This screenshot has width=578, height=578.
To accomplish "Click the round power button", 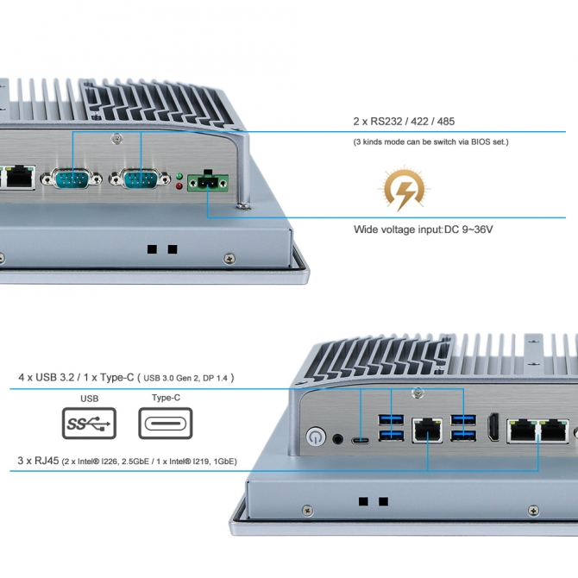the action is coord(316,437).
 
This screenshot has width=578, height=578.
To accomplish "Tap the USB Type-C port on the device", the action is coord(360,441).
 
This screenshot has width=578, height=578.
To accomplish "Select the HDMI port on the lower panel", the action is coord(493,427).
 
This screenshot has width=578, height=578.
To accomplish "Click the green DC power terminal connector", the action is coord(208,182).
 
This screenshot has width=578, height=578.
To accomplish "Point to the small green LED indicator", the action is coord(179,176).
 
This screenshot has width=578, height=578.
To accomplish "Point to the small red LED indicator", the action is coord(179,185).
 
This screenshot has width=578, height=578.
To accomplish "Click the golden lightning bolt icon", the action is coord(405,189).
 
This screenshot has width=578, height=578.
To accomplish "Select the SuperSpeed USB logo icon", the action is coord(89,424).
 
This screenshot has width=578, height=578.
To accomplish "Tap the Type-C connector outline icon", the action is coord(166,424).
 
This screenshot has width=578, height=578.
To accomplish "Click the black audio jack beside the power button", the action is coord(337,438).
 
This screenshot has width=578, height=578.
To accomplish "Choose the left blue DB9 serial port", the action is coord(71,179).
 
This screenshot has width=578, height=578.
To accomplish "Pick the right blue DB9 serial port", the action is coord(140,179).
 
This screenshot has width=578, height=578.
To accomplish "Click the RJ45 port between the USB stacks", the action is coord(427,430).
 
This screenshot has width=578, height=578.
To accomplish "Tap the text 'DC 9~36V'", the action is coord(468,229).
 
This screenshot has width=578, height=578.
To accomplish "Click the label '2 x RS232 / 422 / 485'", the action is coord(404,122).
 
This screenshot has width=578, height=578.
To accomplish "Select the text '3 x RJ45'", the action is coord(38,461).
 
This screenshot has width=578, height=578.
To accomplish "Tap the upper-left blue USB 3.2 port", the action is coord(391,420).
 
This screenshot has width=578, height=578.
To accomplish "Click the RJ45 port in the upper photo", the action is coord(20,178).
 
